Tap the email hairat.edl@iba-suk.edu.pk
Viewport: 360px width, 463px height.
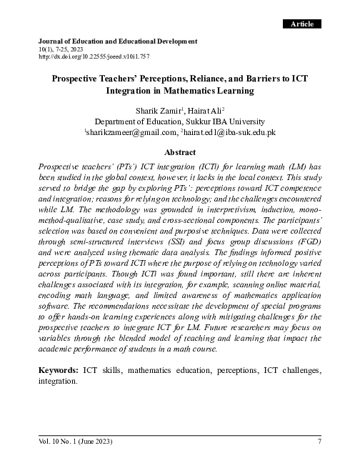[230, 133]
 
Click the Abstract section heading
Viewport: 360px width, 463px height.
[180, 152]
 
